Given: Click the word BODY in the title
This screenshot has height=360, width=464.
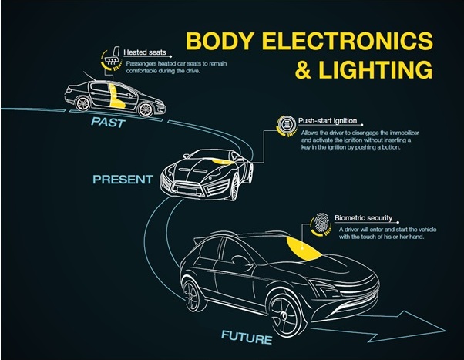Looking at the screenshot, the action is click(220, 41).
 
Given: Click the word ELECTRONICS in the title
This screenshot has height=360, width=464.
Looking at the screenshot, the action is click(348, 41).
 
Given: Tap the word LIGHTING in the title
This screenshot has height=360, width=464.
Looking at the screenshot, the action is click(375, 69).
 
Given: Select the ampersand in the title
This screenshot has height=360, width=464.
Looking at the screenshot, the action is click(303, 70).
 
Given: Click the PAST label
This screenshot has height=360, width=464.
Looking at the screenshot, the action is click(109, 123).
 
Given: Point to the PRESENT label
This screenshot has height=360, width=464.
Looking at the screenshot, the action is click(123, 180).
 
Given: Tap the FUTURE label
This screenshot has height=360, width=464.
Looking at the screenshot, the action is click(247, 338).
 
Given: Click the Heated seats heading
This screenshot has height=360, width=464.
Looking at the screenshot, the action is click(145, 52).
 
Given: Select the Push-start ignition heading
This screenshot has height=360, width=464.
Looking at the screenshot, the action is click(328, 121).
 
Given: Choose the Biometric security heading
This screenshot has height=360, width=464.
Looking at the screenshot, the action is click(363, 218).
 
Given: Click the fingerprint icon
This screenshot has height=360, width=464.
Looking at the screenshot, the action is click(321, 222).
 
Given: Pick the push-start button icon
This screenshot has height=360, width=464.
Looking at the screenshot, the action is click(286, 124).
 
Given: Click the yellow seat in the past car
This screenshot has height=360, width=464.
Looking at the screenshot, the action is click(116, 96).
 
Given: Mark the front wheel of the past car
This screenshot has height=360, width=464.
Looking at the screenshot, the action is click(146, 109).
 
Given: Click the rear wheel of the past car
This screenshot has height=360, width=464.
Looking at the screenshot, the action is click(83, 103).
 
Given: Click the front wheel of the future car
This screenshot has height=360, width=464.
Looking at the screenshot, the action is click(285, 314).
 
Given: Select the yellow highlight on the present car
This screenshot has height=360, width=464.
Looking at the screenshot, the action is click(221, 161).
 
